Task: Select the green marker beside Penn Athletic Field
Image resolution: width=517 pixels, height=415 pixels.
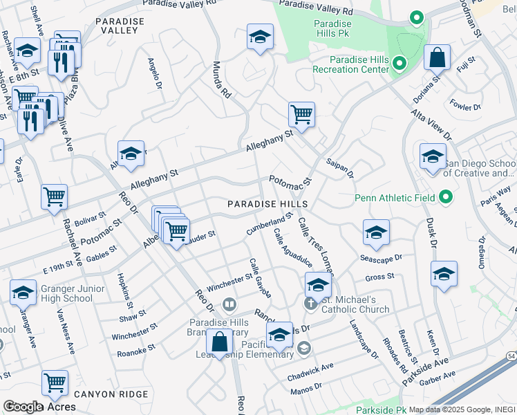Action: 446,198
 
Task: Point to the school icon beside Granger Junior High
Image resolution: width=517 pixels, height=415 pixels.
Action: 23,293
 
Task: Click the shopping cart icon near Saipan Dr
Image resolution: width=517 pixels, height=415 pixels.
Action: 301,114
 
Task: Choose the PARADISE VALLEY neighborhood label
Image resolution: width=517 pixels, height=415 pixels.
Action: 120,26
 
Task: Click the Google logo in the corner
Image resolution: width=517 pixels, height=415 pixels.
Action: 23,407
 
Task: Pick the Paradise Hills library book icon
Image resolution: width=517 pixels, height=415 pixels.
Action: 229,304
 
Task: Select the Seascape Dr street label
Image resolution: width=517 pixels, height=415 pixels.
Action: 381,257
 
